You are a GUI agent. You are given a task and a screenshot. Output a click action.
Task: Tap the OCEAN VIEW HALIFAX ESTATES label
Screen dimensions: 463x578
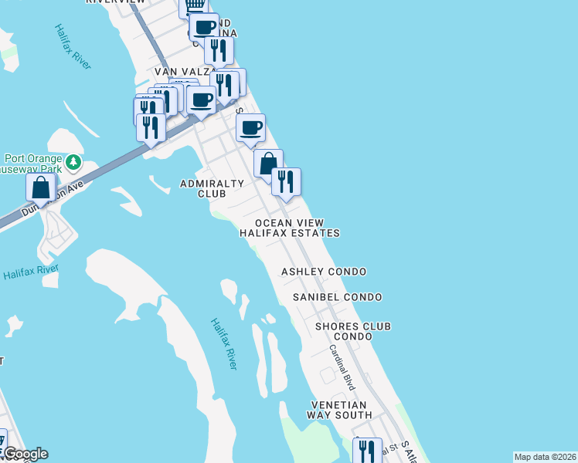coord(289,227)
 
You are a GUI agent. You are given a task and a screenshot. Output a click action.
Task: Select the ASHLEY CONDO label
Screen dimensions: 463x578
coord(323,272)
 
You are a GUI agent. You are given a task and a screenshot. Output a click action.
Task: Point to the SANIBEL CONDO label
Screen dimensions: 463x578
coord(337,297)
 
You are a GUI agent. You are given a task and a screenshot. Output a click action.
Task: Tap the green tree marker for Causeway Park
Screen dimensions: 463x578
coord(73,162)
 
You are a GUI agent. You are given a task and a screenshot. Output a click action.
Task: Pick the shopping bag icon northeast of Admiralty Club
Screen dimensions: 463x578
coord(268,164)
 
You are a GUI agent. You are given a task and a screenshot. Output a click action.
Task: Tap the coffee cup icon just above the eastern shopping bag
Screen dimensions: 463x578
coord(250,128)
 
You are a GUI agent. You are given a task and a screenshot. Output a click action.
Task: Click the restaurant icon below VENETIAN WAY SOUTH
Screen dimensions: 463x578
coord(367,451)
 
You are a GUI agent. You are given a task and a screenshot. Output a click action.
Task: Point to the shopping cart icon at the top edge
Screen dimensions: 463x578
coord(194,6)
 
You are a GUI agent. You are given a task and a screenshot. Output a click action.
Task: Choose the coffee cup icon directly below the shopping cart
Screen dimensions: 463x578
coord(205,27)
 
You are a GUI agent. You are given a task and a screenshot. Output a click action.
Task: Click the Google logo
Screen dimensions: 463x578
coord(25,454)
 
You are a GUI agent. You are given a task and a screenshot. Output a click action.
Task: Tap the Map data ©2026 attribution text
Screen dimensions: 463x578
coord(545,457)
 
